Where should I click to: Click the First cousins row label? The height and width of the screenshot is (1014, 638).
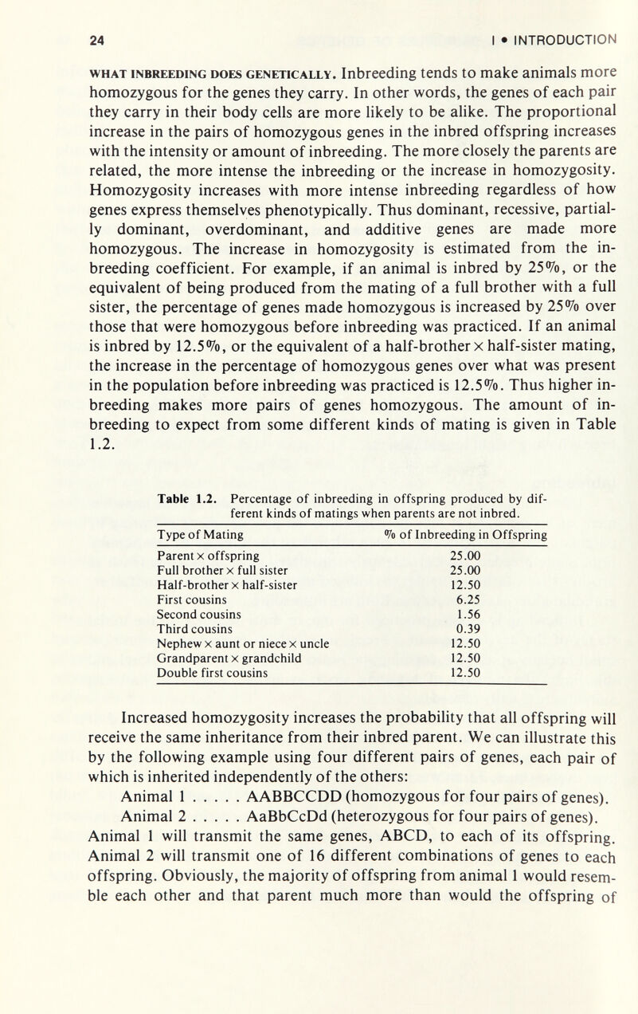pos(194,599)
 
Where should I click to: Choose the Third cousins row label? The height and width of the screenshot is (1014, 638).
pos(195,628)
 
